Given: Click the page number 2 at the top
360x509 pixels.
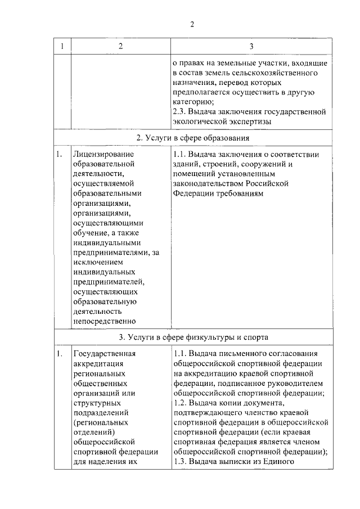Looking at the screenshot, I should (192, 24).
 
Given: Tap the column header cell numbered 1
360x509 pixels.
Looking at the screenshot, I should (61, 46).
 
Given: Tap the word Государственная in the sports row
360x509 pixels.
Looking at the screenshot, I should (105, 354).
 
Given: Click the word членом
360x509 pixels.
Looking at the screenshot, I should (307, 441).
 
